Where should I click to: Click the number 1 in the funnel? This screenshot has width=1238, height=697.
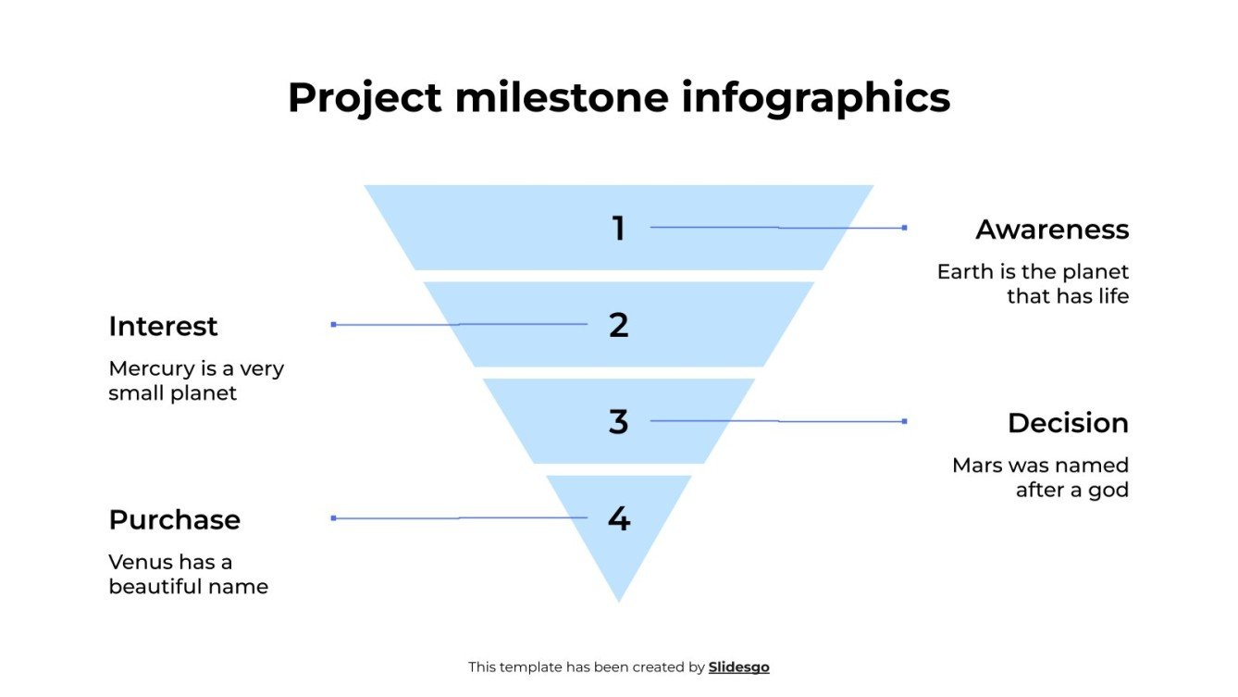(618, 228)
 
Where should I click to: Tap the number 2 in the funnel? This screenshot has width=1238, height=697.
(618, 325)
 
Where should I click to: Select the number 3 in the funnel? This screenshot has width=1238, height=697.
(618, 422)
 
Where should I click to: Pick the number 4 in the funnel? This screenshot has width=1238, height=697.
(618, 518)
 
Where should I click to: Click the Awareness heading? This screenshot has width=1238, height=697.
(1052, 230)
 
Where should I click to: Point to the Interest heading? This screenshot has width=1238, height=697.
(163, 327)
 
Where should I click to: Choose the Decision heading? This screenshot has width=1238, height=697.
(1068, 423)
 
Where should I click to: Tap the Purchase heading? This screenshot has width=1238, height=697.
(174, 520)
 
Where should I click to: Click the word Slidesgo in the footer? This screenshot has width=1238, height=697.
(738, 667)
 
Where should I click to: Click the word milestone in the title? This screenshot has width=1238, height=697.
(562, 97)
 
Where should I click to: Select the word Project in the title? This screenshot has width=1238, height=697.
(365, 97)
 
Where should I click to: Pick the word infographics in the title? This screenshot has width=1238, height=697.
(816, 97)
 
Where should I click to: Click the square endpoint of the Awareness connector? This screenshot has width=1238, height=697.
(904, 228)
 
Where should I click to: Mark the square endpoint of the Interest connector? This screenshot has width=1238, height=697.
(333, 325)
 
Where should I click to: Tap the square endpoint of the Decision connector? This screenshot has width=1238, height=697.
(904, 421)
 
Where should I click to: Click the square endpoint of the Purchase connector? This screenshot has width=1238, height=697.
(333, 518)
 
